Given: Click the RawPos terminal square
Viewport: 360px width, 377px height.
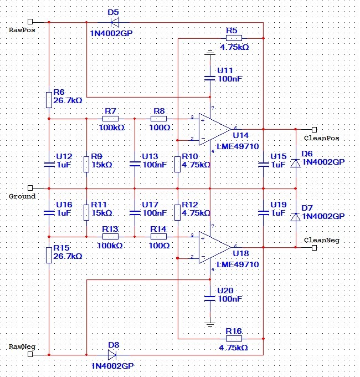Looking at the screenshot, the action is pos(30,22).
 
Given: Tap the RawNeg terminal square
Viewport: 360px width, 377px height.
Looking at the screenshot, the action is pos(30,354).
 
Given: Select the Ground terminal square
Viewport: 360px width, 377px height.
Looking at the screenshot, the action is pos(30,187).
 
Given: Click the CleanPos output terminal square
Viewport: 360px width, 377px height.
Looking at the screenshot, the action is pos(314,130).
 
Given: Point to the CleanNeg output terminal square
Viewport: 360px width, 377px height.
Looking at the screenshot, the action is pos(314,248).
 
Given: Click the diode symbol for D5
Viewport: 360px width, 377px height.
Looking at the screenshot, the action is pos(115,22).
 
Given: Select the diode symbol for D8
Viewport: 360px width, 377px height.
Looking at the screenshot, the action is pos(112,355).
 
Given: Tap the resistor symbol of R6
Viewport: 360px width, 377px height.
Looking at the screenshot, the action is pos(49,100).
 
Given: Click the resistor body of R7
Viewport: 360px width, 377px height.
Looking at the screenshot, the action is pos(110,119).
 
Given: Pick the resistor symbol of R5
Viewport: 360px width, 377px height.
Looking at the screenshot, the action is pos(234,38).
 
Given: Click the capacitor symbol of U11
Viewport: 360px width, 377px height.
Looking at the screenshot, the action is pos(210,78).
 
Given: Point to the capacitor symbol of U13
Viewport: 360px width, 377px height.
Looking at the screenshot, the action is pos(135,164).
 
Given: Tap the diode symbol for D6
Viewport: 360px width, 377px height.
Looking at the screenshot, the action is pos(296,163).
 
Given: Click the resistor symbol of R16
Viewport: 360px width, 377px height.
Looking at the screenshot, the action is pos(234,339).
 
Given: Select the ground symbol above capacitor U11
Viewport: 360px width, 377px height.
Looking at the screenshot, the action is pos(210,53).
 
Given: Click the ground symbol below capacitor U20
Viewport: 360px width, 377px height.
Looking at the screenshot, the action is pos(210,324).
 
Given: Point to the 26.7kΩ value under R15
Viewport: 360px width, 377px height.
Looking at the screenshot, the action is pos(68,256).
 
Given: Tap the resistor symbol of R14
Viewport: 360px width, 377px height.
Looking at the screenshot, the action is pos(158,237).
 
